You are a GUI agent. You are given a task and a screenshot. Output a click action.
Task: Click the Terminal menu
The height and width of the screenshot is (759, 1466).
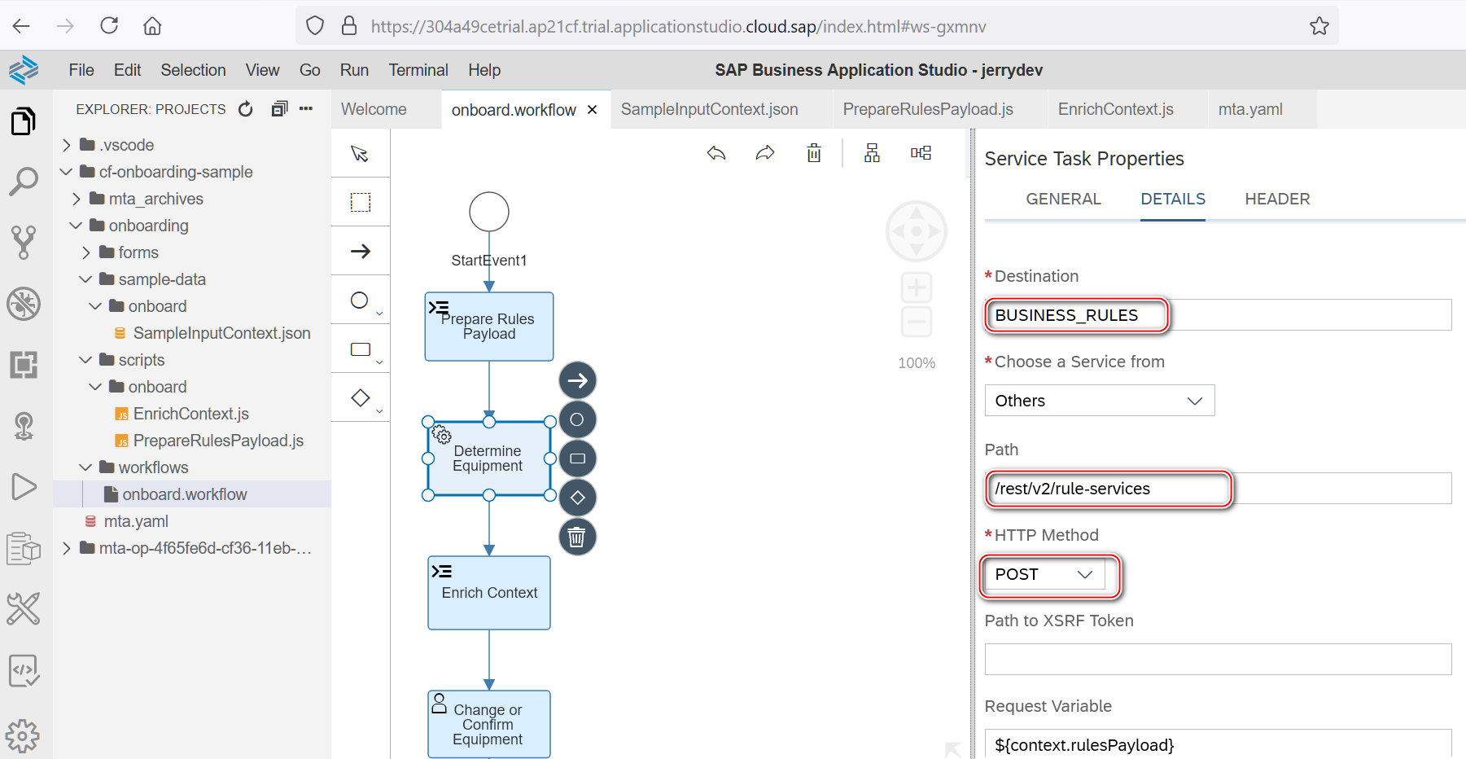(418, 70)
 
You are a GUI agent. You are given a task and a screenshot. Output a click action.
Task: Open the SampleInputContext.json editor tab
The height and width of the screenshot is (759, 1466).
(709, 109)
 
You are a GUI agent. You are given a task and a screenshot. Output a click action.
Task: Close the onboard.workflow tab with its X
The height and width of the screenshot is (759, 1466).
(593, 110)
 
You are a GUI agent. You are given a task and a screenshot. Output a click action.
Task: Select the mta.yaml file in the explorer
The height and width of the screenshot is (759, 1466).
(136, 521)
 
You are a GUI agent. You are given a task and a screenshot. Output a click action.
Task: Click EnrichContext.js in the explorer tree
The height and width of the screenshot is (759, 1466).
(190, 414)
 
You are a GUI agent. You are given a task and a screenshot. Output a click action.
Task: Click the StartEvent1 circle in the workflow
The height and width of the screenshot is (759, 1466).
(489, 213)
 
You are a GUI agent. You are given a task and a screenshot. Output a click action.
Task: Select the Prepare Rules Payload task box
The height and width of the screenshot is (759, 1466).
(489, 327)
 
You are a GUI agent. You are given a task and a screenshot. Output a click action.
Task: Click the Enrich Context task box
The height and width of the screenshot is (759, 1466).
(489, 593)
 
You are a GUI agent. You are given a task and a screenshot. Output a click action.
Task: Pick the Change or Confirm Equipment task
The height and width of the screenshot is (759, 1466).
(489, 724)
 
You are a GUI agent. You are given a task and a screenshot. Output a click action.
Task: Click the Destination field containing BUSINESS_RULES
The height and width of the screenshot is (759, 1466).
(1217, 315)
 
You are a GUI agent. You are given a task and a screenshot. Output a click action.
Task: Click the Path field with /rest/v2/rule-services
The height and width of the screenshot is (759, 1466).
(1217, 489)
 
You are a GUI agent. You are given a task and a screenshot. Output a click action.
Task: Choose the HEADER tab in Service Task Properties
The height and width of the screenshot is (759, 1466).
(1277, 200)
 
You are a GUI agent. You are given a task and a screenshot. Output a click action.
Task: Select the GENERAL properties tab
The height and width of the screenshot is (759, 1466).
(1063, 200)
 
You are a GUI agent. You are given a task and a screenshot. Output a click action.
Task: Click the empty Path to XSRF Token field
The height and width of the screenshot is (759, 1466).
(1217, 660)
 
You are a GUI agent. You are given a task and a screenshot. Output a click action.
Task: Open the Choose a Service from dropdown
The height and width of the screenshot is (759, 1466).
(1099, 401)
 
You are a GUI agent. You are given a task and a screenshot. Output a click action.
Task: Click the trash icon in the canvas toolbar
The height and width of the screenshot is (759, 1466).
(814, 153)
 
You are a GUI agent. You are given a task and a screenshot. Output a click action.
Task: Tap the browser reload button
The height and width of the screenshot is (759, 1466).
(109, 26)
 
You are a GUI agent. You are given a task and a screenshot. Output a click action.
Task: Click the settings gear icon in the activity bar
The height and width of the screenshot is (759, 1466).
(23, 735)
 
